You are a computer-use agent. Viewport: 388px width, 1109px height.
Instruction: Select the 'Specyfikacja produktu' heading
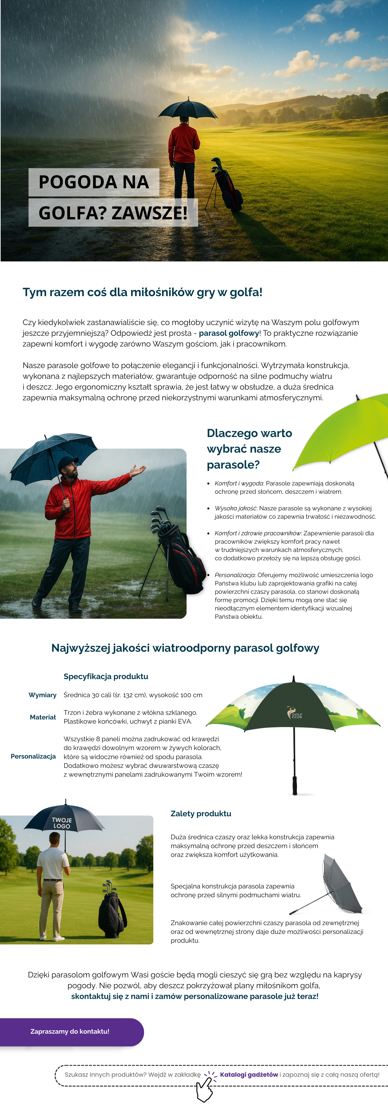tap(106, 676)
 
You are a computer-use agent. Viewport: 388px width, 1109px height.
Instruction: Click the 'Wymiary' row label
tap(42, 695)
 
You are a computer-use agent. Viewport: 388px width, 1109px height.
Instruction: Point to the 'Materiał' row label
tap(43, 717)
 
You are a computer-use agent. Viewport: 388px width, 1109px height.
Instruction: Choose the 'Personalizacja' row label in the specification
tap(33, 756)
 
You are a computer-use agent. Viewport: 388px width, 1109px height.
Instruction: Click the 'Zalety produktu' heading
tap(201, 813)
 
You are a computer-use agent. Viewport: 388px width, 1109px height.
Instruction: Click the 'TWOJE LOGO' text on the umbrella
tap(62, 823)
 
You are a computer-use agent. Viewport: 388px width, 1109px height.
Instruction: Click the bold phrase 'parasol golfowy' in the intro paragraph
tap(228, 333)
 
